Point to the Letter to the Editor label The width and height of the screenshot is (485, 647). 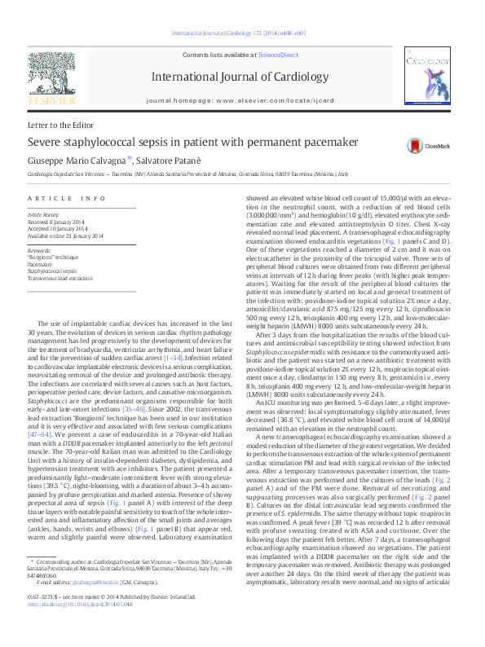tap(60, 125)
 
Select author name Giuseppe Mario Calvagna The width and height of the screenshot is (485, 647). tap(80, 161)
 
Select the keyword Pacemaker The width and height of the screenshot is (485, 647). tap(41, 263)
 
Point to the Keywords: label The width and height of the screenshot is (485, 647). tap(40, 250)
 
